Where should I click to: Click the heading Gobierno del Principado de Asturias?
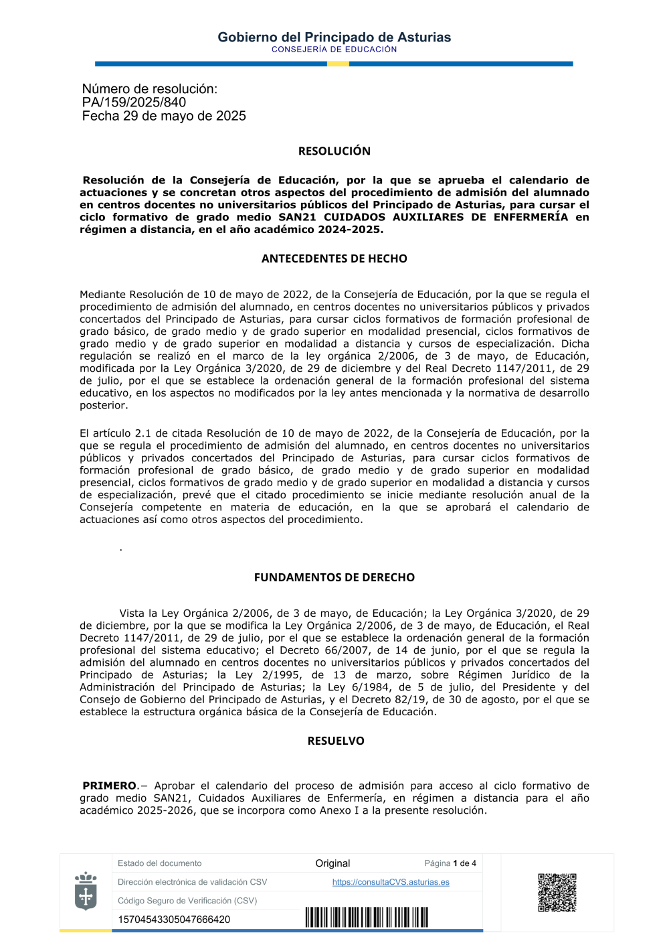(334, 38)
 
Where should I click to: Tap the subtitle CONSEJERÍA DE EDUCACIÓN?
(334, 50)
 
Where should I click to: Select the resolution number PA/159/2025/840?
(134, 102)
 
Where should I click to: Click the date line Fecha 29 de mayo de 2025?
(164, 116)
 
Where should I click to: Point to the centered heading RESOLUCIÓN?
(334, 151)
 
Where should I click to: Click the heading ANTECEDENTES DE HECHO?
(334, 259)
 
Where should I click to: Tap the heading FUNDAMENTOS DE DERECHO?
(334, 577)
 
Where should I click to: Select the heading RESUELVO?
(336, 741)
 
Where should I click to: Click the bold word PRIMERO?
(110, 786)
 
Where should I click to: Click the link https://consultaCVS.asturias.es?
(391, 882)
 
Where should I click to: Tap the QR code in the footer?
(557, 892)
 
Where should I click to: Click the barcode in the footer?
(367, 917)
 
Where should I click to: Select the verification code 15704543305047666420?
(174, 920)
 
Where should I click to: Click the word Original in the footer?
(332, 863)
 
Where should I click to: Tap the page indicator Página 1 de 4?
(450, 863)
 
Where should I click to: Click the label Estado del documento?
(159, 863)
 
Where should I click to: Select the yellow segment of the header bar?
(338, 64)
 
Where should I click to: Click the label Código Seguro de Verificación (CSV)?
(187, 901)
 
